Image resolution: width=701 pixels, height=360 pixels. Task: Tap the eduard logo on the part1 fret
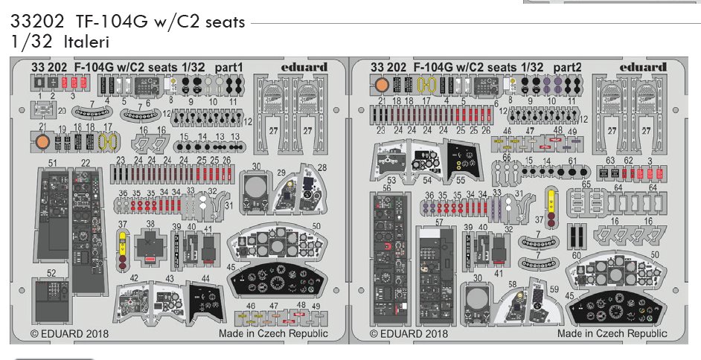304,67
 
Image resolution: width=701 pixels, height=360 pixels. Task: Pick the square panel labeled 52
51,305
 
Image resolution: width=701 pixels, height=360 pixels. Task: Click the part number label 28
322,167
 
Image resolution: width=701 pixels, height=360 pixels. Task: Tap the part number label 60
576,255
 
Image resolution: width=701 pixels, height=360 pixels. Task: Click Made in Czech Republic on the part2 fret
612,334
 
